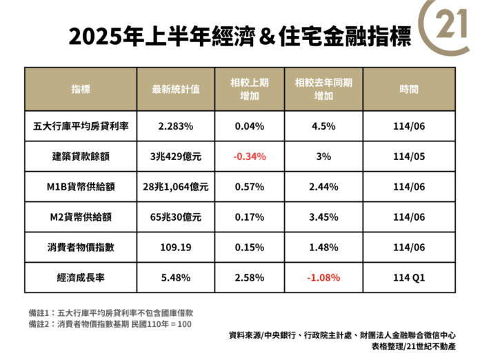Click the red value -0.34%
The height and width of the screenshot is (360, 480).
250,157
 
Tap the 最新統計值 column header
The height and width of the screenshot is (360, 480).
177,90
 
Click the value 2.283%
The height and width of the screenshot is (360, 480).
176,127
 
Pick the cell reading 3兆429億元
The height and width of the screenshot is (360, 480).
176,157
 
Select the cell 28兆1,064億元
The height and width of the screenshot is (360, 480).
176,186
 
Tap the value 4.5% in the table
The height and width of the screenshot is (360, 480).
323,127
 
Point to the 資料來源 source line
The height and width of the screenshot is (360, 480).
352,336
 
